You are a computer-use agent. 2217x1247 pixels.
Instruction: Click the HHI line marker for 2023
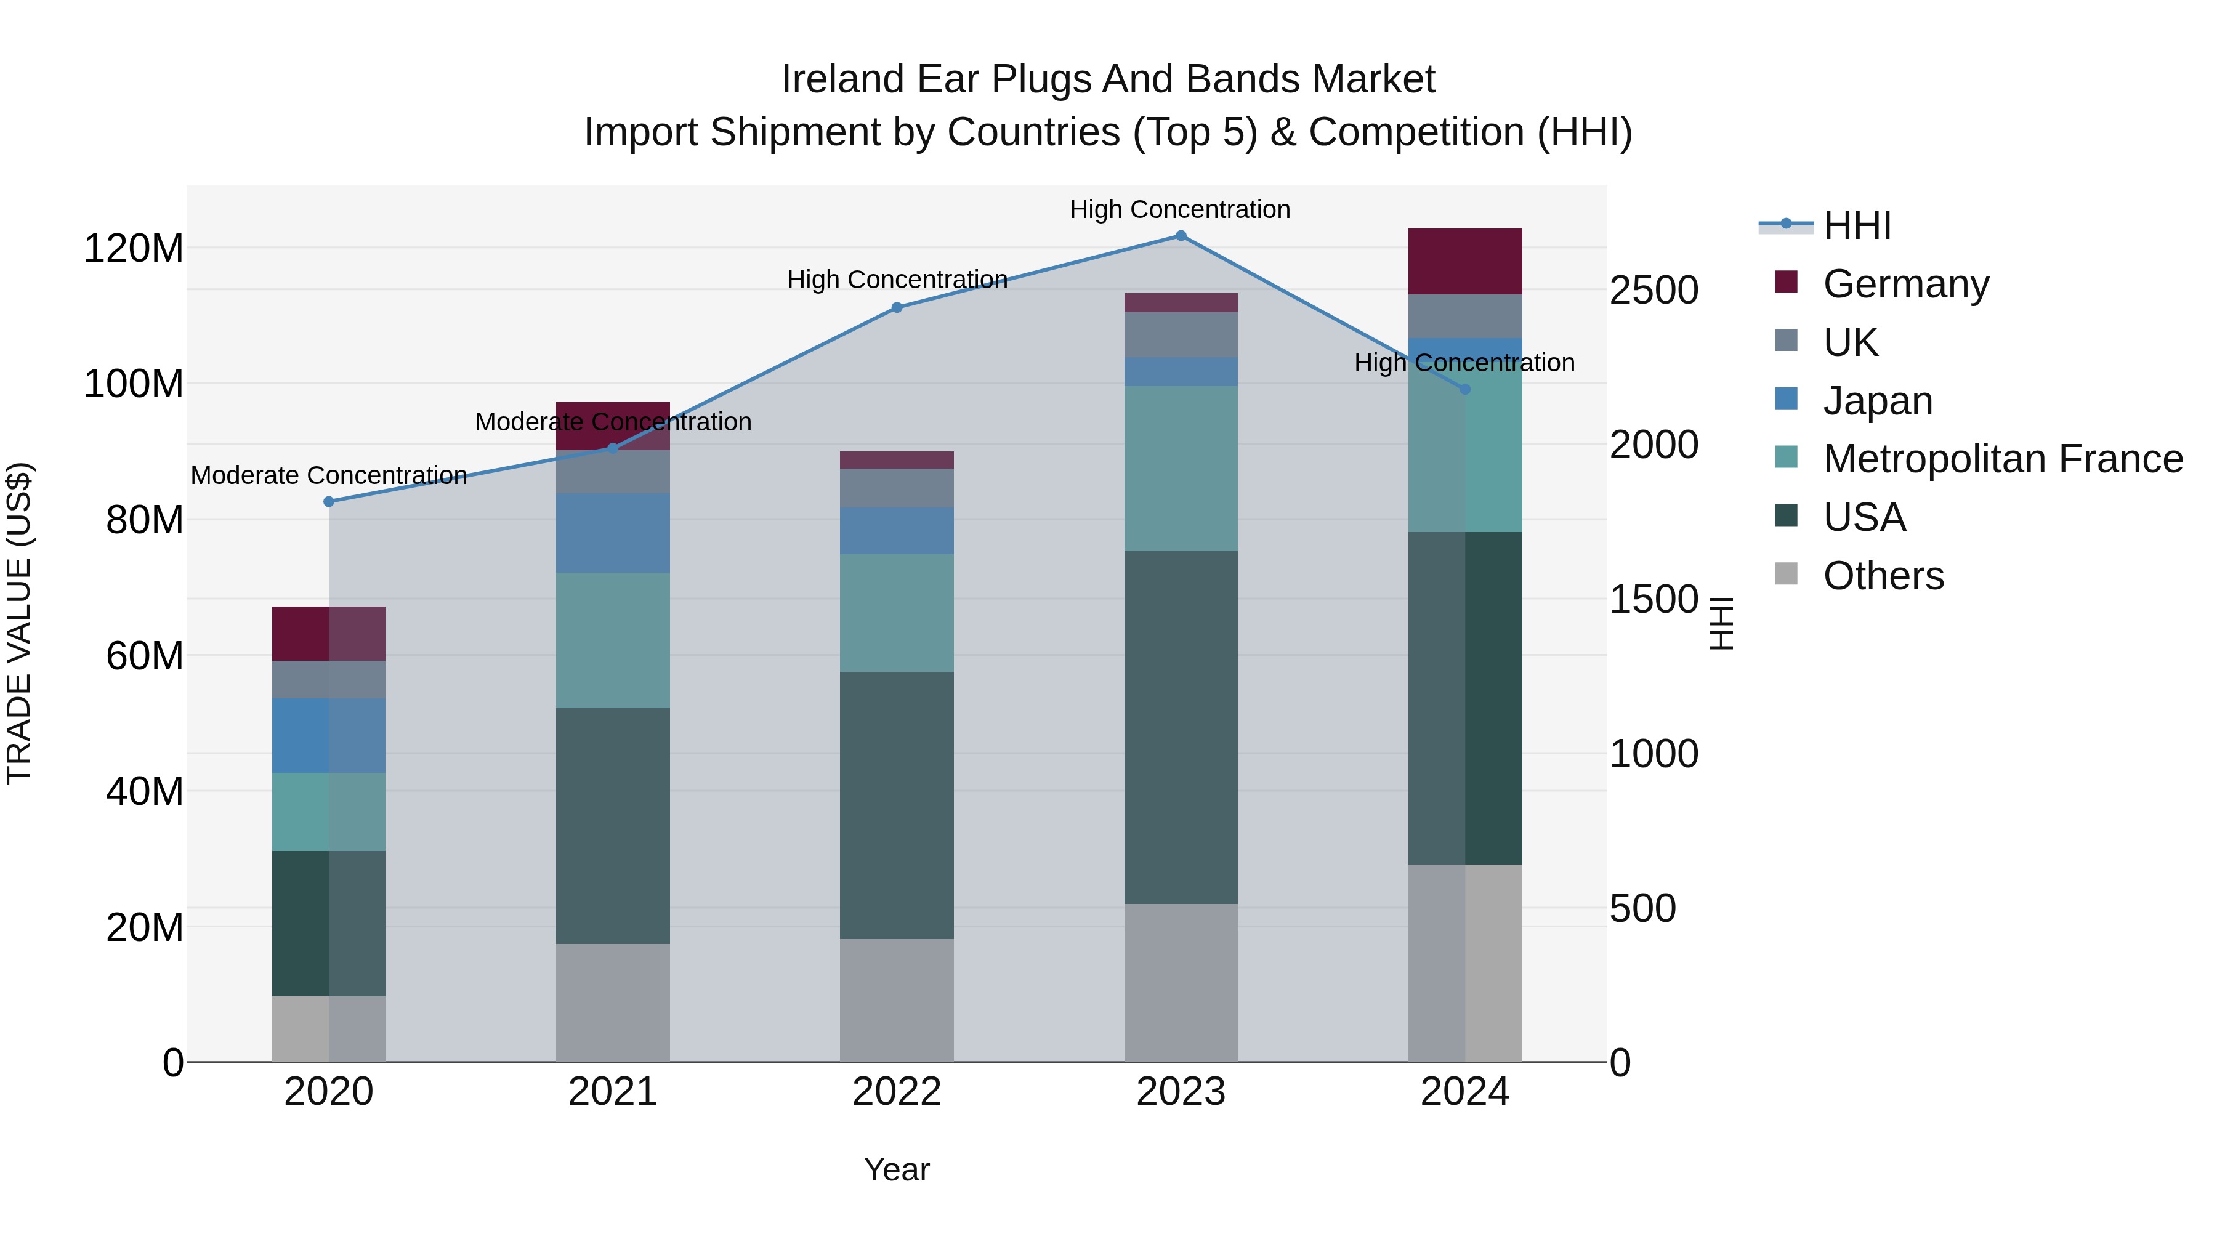1181,236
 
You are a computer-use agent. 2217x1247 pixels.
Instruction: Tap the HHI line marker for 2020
329,502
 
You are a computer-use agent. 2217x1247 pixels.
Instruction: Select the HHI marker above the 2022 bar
897,307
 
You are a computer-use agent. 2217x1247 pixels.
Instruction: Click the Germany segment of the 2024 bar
1465,262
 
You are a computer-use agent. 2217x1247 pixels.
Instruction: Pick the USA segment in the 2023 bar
1181,727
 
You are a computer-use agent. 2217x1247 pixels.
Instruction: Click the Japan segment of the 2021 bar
613,533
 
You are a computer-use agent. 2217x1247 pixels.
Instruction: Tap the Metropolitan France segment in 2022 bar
897,613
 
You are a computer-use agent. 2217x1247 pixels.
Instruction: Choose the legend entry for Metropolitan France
2002,459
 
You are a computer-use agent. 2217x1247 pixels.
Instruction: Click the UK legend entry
1851,342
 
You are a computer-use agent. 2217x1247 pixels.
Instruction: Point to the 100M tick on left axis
134,384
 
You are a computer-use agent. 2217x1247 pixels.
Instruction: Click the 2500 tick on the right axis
1654,290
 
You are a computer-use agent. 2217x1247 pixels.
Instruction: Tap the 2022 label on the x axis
897,1092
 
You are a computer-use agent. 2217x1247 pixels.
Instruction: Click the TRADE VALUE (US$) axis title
19,623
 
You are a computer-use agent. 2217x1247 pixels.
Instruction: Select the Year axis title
897,1169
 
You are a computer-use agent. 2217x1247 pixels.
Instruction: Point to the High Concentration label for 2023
1180,209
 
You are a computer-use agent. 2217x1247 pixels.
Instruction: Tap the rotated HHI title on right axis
1721,623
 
